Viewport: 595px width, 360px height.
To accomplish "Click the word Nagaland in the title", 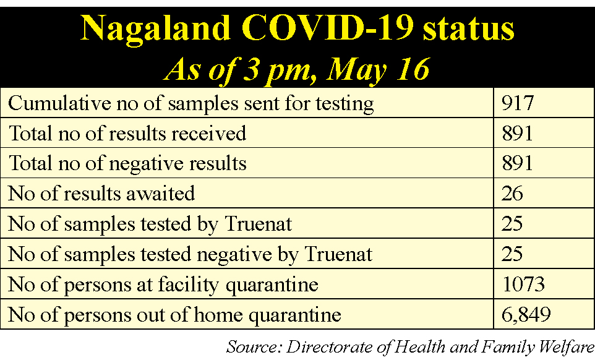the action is click(x=156, y=29).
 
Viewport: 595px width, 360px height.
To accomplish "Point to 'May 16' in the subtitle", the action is click(x=379, y=69).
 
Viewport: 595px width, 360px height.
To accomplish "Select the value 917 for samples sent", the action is click(x=518, y=103).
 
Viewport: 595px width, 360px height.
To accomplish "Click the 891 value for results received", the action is click(x=517, y=133).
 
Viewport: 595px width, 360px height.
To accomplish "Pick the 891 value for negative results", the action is click(x=517, y=163).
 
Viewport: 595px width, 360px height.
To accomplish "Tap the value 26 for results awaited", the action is click(x=512, y=194).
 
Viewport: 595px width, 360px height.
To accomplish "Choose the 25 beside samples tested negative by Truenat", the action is click(x=512, y=254).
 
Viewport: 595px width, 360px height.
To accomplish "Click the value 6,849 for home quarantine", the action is click(x=526, y=315).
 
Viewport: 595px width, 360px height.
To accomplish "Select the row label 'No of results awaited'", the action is click(x=101, y=194).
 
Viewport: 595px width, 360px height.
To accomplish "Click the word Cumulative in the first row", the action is click(x=59, y=103).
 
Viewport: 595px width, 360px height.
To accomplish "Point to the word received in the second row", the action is click(x=208, y=134).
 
